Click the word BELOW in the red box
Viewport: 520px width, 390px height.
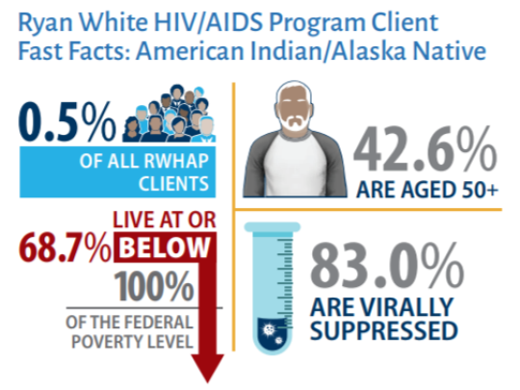(163, 247)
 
